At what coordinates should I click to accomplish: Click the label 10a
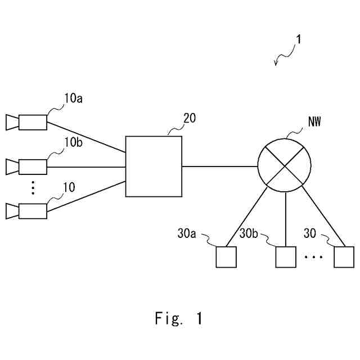(73, 98)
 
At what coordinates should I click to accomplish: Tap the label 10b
(73, 142)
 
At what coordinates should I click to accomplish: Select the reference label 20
(190, 118)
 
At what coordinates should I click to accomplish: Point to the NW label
(314, 121)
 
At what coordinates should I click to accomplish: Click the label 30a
(187, 233)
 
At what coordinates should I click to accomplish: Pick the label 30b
(249, 233)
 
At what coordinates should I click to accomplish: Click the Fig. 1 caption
(179, 318)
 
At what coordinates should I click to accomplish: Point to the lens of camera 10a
(12, 123)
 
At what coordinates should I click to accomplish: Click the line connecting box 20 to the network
(220, 166)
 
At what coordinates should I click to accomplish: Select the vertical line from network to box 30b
(286, 219)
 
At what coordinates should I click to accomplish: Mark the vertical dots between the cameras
(33, 188)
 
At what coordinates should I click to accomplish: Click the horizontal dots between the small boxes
(314, 257)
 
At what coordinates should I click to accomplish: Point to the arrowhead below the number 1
(276, 63)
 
